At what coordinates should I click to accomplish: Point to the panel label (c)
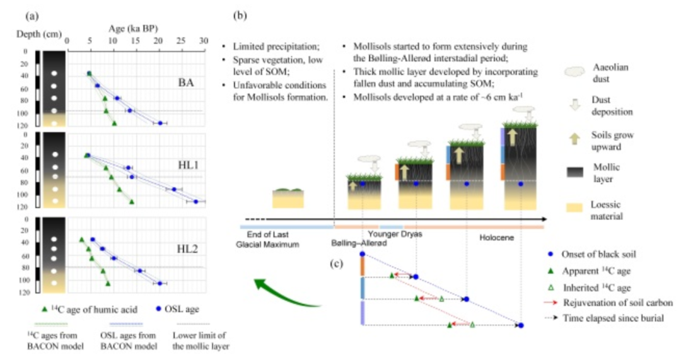click(342, 262)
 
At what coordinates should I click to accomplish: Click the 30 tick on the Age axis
click(203, 40)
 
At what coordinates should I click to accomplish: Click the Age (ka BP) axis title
click(134, 28)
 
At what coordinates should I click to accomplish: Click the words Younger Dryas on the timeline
click(395, 233)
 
